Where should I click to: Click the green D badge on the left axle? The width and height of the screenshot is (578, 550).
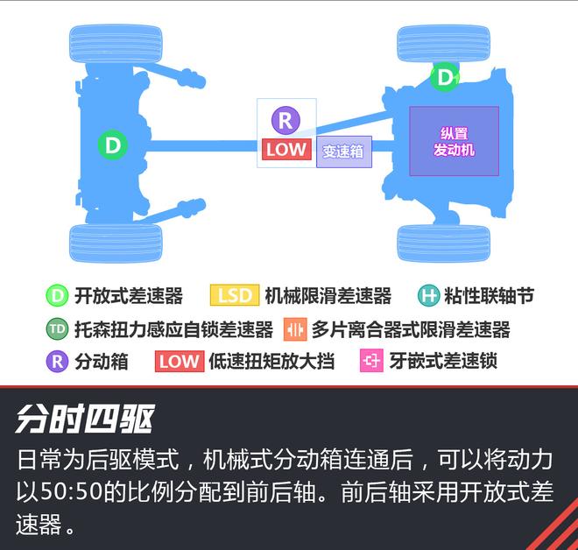point(113,145)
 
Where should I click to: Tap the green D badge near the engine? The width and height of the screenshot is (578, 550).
point(445,77)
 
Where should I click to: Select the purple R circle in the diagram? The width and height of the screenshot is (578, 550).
point(285,120)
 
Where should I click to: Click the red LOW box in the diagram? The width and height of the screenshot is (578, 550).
point(286,149)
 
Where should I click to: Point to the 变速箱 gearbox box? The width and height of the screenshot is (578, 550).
point(343,152)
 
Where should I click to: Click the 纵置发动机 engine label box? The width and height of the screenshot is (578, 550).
point(455,141)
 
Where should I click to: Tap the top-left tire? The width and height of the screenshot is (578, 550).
point(116,43)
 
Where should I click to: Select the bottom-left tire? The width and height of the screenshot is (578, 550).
point(116,243)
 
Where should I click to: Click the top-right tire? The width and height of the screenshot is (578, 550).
point(443,43)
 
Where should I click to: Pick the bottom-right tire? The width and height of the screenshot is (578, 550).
point(443,243)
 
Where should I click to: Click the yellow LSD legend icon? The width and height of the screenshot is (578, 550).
point(235,295)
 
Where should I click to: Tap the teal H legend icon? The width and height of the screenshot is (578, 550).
point(429,295)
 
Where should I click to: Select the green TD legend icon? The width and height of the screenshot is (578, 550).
point(57,328)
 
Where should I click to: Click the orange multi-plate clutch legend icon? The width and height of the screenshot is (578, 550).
point(295,329)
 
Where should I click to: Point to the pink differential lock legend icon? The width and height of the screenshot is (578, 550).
point(371,360)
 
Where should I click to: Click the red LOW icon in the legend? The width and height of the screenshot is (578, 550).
point(180,361)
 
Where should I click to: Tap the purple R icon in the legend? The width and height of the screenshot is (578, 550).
point(57,361)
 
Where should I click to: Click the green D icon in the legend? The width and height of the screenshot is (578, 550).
point(57,295)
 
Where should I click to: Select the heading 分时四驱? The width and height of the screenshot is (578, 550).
point(85,419)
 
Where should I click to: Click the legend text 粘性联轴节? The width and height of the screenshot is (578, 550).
point(489,295)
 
